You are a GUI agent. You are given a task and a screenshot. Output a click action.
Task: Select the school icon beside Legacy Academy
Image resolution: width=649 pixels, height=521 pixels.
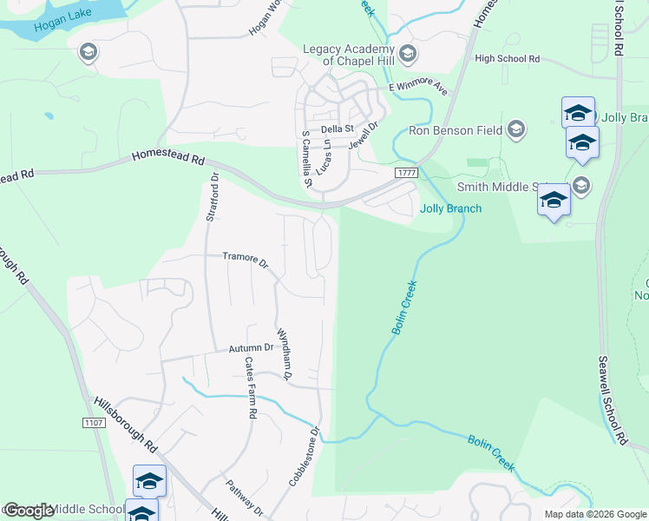[409, 55]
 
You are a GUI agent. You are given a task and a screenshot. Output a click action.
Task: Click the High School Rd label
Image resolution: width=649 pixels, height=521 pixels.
[508, 59]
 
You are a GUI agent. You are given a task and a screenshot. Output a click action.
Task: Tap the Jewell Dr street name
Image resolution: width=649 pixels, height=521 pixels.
[364, 136]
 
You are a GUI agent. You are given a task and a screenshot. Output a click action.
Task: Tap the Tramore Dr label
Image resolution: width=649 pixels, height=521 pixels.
[246, 257]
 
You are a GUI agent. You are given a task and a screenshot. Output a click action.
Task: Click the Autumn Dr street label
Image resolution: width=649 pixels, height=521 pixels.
[251, 348]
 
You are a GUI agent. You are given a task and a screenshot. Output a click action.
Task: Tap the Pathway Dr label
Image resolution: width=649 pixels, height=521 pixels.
[244, 496]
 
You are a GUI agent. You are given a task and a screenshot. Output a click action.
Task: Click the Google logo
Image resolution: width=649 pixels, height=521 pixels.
[29, 511]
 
